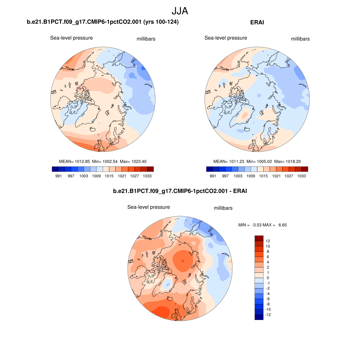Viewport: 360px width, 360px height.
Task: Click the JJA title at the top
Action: pyautogui.click(x=180, y=11)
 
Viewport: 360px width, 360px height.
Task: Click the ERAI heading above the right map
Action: pyautogui.click(x=257, y=22)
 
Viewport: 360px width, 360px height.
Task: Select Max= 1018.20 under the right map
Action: pyautogui.click(x=288, y=161)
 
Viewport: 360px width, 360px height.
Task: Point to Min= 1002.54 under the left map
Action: pyautogui.click(x=105, y=161)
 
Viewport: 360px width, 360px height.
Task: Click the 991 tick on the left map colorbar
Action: pyautogui.click(x=58, y=176)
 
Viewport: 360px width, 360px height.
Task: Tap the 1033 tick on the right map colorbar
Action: pyautogui.click(x=301, y=176)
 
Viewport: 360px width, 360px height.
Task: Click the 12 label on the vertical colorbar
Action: pyautogui.click(x=268, y=241)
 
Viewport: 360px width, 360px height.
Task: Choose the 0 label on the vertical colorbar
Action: pyautogui.click(x=268, y=278)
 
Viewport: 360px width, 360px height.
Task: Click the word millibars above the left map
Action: pyautogui.click(x=146, y=39)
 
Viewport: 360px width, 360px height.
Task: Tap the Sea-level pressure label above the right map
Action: pyautogui.click(x=226, y=38)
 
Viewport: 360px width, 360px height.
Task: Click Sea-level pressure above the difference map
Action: pyautogui.click(x=148, y=207)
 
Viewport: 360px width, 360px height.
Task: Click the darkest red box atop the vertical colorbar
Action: pyautogui.click(x=259, y=238)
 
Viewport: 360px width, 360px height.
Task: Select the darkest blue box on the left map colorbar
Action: pyautogui.click(x=55, y=169)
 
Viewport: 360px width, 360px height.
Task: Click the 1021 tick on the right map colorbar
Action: pyautogui.click(x=276, y=176)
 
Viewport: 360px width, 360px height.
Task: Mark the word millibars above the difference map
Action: pyautogui.click(x=223, y=208)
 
